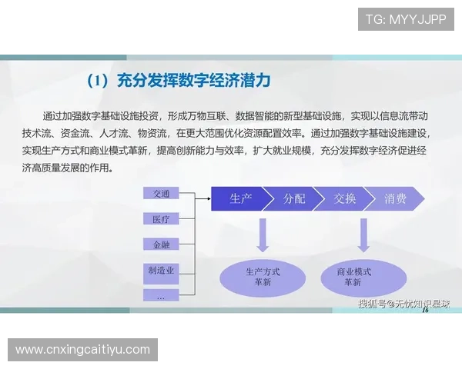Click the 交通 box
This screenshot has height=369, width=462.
click(162, 193)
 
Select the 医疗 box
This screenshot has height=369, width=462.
click(162, 219)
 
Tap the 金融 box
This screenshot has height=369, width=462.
click(162, 244)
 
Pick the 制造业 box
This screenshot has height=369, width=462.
click(162, 271)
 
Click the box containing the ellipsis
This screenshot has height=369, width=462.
click(162, 295)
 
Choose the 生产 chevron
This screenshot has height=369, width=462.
click(238, 199)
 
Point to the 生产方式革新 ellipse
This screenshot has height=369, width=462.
click(263, 278)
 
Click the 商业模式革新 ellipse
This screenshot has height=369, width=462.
click(355, 278)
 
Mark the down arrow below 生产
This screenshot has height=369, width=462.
click(263, 234)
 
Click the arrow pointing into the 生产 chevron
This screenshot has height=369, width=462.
click(201, 199)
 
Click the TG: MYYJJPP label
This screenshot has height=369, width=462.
click(406, 19)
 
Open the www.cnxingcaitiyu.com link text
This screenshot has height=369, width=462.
click(82, 350)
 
